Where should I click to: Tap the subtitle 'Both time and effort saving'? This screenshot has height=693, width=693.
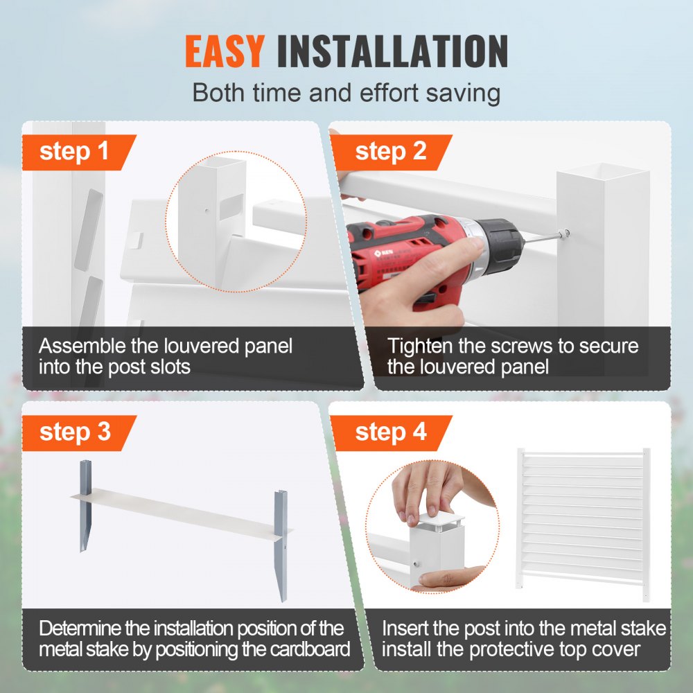coord(346,92)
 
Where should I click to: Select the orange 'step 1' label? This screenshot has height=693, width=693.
coord(74,152)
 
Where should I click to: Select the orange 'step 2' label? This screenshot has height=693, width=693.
coord(390,152)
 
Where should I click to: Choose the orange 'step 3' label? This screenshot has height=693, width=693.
coord(74,432)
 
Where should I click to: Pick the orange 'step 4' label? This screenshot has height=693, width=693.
coord(390,432)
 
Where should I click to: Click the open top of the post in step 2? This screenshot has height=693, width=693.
coord(603,170)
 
